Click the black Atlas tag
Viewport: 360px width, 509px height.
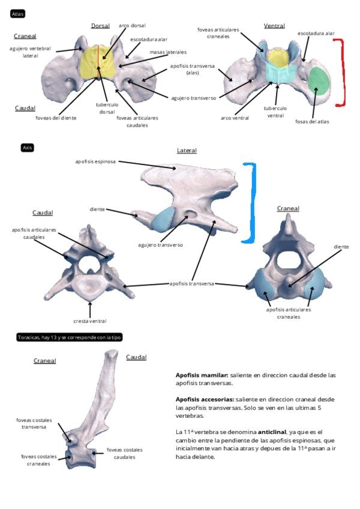pyautogui.click(x=18, y=13)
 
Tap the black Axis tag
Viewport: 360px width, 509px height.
pyautogui.click(x=26, y=147)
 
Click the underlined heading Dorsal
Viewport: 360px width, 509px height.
pyautogui.click(x=100, y=26)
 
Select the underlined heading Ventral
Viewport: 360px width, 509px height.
pyautogui.click(x=274, y=26)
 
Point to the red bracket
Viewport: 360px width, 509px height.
pyautogui.click(x=342, y=73)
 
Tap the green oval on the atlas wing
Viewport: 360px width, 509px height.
pyautogui.click(x=319, y=81)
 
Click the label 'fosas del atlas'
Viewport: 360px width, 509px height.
pyautogui.click(x=313, y=121)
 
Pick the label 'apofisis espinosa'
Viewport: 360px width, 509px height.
pyautogui.click(x=95, y=161)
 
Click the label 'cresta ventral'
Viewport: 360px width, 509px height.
pyautogui.click(x=89, y=321)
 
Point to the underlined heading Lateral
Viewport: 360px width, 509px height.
pyautogui.click(x=187, y=151)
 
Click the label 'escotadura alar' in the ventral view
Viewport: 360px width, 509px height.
pyautogui.click(x=316, y=34)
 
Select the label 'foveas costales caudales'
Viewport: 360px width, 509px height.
pyautogui.click(x=124, y=453)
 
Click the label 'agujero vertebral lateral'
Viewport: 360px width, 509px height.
pyautogui.click(x=31, y=52)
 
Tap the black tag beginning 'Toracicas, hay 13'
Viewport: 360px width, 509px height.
pyautogui.click(x=70, y=338)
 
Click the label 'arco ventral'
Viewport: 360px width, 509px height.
pyautogui.click(x=234, y=118)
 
